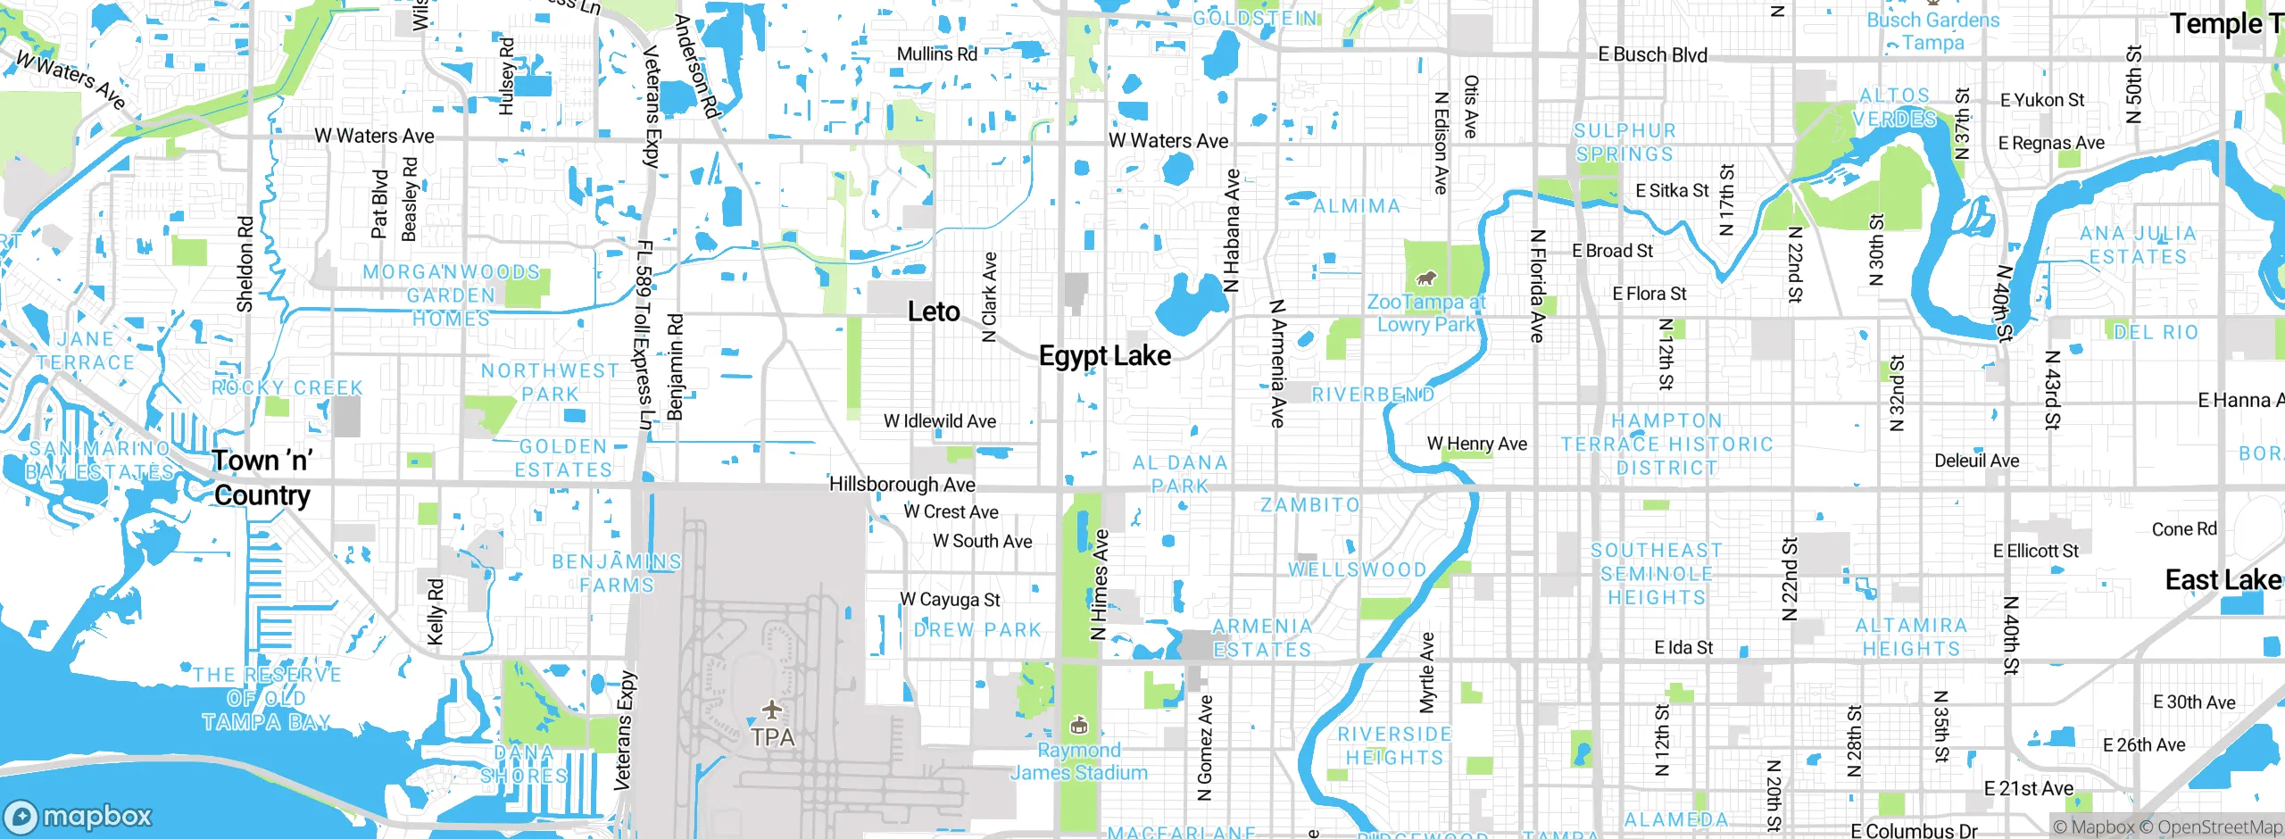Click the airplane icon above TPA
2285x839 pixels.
[772, 710]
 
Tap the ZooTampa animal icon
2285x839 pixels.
[1426, 278]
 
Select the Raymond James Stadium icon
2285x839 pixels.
[1078, 725]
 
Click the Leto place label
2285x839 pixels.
[934, 312]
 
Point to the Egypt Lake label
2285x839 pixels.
[1105, 355]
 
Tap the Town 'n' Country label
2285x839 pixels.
[262, 478]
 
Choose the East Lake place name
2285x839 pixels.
[2223, 580]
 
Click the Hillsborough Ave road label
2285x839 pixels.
[902, 484]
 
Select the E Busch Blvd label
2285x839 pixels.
[1652, 54]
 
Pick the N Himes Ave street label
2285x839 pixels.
[1100, 585]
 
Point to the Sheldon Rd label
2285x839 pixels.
[245, 263]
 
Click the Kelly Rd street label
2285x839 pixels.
[436, 611]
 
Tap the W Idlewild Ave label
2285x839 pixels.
[940, 421]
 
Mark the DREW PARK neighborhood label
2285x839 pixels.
[977, 629]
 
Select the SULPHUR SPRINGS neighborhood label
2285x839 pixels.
[1624, 143]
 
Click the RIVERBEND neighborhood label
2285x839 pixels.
[1373, 395]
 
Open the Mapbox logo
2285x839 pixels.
[79, 817]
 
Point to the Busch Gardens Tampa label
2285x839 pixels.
[1933, 31]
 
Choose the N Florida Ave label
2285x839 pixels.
[1536, 286]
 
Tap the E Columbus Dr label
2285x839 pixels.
[1914, 831]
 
